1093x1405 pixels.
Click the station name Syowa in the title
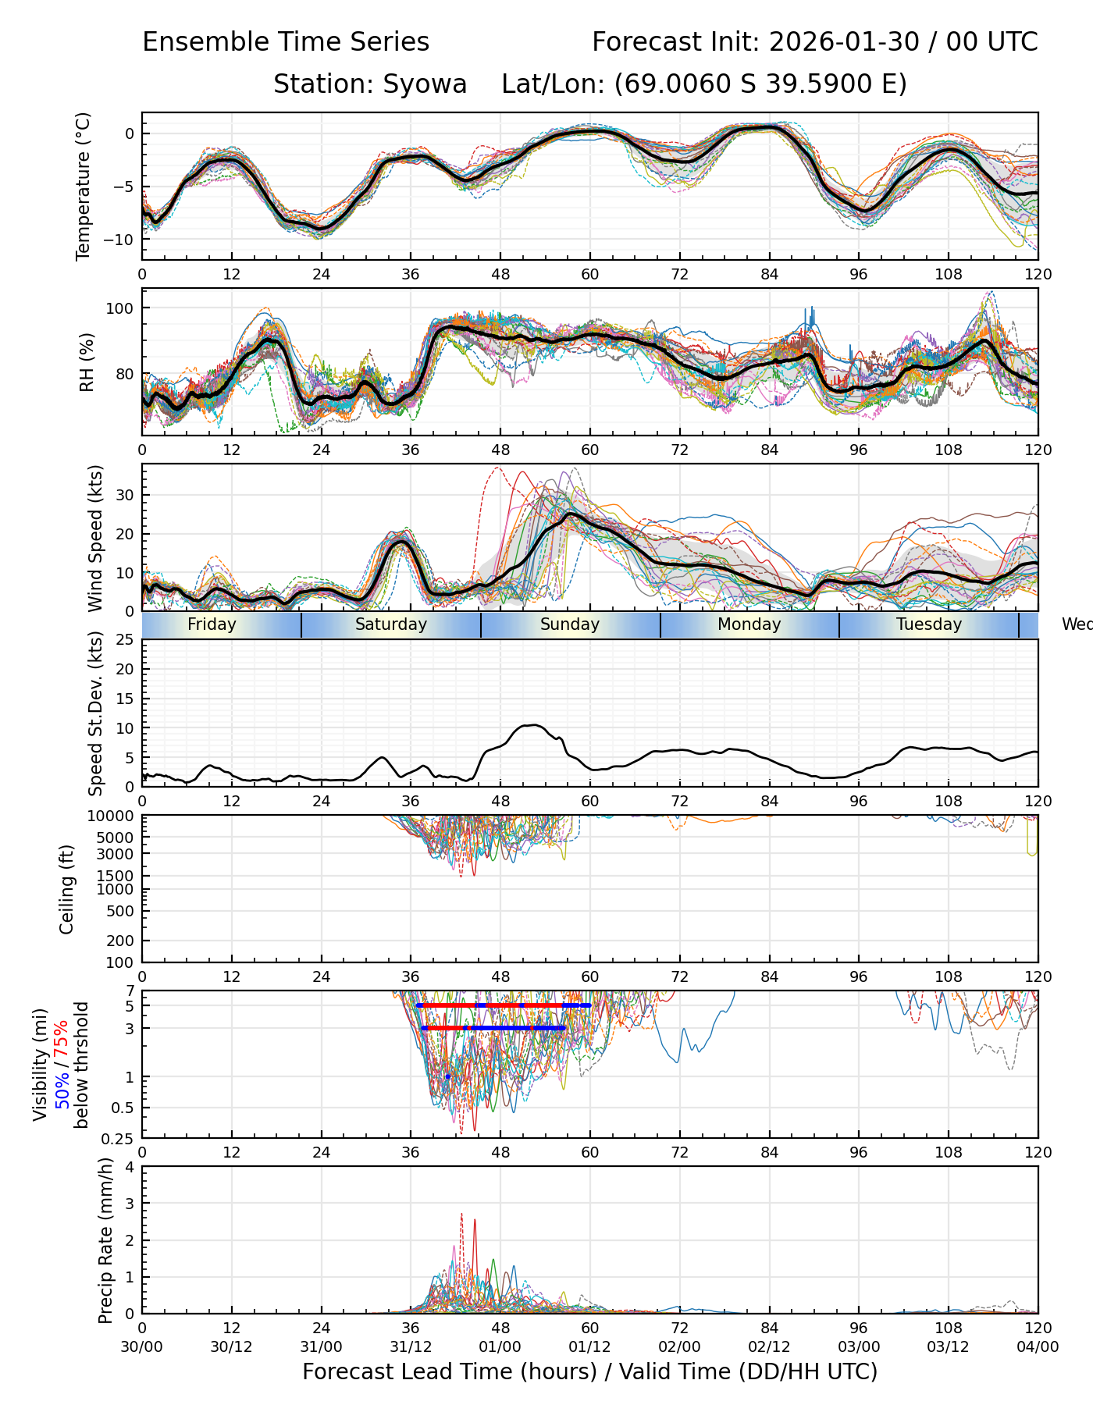(x=425, y=84)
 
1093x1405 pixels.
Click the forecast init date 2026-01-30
(x=844, y=42)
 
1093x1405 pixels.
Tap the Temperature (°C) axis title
(x=84, y=186)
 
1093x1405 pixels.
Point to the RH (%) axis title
(x=87, y=361)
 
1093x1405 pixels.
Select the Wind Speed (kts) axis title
(x=95, y=538)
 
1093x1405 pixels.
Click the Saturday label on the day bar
(x=391, y=624)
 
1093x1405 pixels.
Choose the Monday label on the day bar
(x=749, y=624)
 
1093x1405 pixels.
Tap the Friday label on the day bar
(x=212, y=624)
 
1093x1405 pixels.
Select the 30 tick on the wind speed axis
(x=126, y=495)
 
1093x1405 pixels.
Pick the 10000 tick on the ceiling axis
(x=113, y=816)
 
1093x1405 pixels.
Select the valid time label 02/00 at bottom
(x=679, y=1346)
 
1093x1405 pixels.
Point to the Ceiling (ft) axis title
(x=67, y=889)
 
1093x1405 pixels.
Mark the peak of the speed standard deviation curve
(x=532, y=725)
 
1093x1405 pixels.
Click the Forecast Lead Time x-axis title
(x=589, y=1371)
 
